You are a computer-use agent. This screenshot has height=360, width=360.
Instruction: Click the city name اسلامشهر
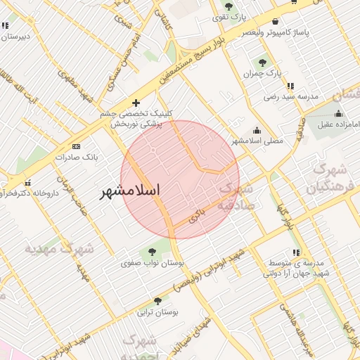point(129,191)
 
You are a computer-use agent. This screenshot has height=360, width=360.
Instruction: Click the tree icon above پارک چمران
point(264,63)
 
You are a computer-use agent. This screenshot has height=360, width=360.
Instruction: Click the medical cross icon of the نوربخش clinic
point(136,103)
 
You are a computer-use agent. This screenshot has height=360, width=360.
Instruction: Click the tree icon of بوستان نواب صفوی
point(152,251)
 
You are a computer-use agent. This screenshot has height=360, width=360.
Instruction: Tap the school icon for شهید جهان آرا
point(297,252)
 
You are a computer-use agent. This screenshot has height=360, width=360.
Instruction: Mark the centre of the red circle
point(180,179)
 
